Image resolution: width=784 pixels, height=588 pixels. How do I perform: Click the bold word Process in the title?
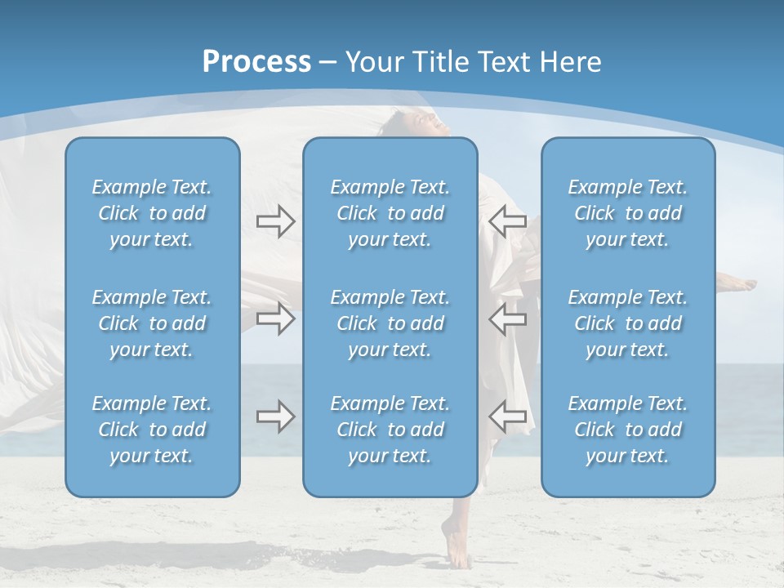tap(256, 62)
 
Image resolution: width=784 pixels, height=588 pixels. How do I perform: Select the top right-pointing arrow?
tap(276, 221)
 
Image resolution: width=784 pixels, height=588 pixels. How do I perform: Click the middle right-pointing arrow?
tap(276, 318)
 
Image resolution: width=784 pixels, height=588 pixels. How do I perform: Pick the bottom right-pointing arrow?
tap(276, 416)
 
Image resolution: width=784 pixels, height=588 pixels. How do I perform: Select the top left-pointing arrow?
tap(507, 221)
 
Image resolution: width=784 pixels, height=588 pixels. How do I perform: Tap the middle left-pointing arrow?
tap(507, 318)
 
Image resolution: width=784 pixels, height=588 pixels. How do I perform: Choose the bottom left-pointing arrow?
tap(507, 416)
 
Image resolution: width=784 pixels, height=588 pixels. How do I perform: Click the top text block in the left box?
tap(152, 213)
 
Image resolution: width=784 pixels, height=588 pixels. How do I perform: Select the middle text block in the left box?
tap(152, 323)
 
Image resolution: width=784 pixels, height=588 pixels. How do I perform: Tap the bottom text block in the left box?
tap(152, 430)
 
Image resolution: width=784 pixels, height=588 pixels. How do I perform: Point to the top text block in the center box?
tap(390, 213)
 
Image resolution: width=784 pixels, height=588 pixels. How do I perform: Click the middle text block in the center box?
tap(390, 323)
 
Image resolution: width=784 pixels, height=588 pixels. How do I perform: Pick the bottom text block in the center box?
tap(390, 430)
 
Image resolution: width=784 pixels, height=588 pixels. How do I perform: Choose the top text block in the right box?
tap(628, 213)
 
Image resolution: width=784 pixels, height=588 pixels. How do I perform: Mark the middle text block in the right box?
tap(628, 323)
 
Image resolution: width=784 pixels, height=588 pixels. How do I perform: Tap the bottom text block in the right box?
tap(628, 430)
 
